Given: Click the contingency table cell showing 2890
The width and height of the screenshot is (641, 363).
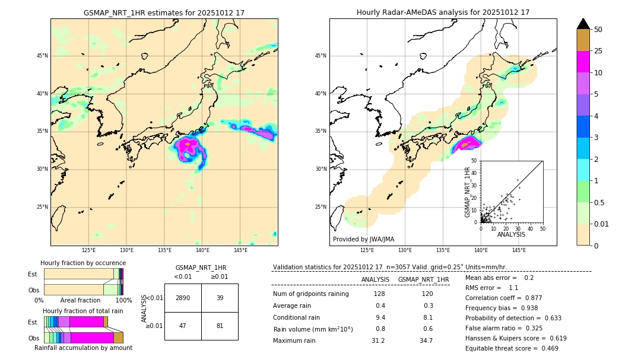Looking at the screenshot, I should click(x=183, y=298).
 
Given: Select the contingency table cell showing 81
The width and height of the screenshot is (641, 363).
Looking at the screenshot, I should click(x=220, y=326).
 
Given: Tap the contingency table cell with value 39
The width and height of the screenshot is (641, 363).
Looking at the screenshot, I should click(x=220, y=298).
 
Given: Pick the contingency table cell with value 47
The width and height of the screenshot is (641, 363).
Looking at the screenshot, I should click(x=183, y=326).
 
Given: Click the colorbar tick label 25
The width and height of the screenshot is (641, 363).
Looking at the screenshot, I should click(x=598, y=51).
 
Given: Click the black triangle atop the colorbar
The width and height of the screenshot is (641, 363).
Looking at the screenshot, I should click(x=583, y=24).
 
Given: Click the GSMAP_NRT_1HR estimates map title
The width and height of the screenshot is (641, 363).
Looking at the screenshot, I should click(x=164, y=12).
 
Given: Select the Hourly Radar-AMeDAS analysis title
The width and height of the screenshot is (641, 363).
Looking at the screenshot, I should click(x=443, y=12).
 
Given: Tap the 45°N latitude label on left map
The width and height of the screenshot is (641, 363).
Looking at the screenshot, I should click(x=42, y=56).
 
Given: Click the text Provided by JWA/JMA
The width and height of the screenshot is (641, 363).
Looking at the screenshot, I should click(x=363, y=239).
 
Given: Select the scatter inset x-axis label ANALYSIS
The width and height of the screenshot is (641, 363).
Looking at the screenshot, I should click(x=511, y=234).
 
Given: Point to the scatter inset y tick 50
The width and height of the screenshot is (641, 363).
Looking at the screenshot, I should click(x=474, y=161).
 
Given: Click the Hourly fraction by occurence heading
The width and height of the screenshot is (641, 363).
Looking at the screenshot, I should click(x=83, y=263).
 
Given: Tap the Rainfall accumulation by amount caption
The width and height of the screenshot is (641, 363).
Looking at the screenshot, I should click(x=83, y=348).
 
